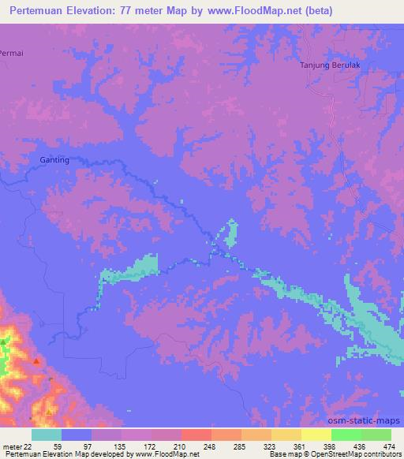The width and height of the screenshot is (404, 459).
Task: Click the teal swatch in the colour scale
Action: [47, 434]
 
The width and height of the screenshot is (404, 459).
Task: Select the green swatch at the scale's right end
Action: [376, 434]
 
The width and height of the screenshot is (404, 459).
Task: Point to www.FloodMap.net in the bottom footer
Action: [166, 454]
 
